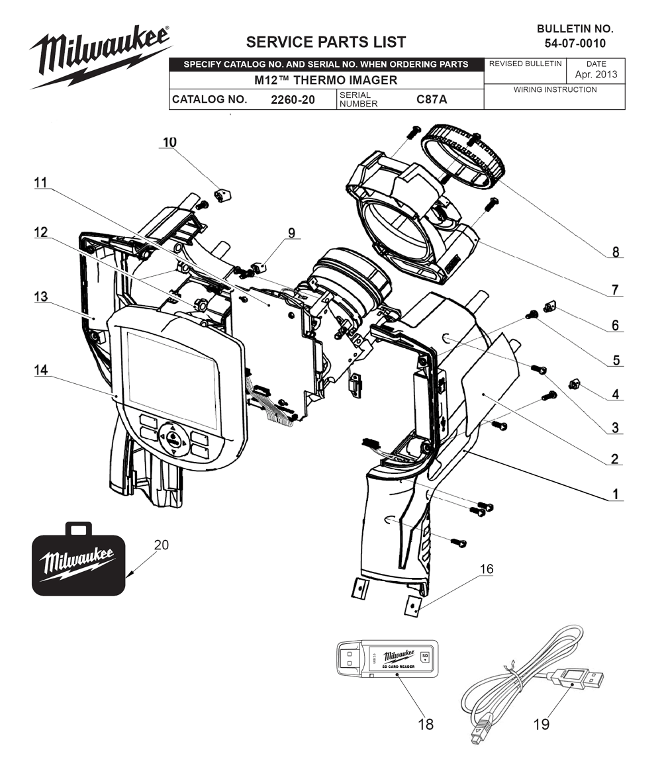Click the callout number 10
pyautogui.click(x=169, y=142)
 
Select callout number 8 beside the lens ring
pyautogui.click(x=615, y=252)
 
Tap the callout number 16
pyautogui.click(x=487, y=569)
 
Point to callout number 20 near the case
pyautogui.click(x=162, y=545)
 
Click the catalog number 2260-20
pyautogui.click(x=293, y=100)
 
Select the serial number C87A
pyautogui.click(x=432, y=100)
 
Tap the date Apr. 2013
pyautogui.click(x=596, y=74)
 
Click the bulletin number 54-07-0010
pyautogui.click(x=575, y=44)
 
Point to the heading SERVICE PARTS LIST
pyautogui.click(x=326, y=42)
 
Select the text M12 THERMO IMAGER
pyautogui.click(x=326, y=80)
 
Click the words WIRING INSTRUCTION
pyautogui.click(x=555, y=89)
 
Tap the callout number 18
pyautogui.click(x=425, y=724)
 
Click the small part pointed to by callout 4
pyautogui.click(x=575, y=384)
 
